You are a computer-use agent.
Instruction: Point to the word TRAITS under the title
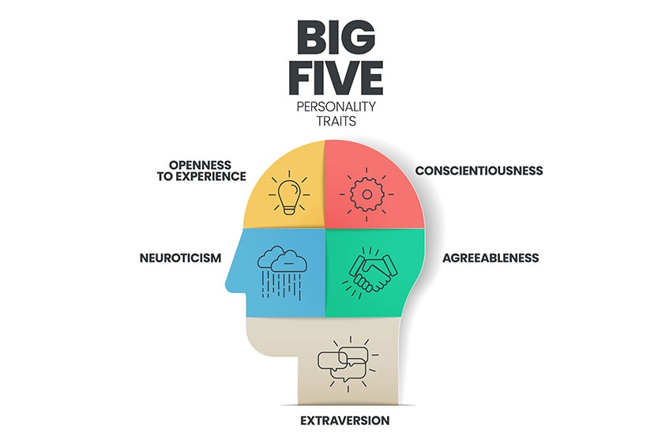click(x=336, y=122)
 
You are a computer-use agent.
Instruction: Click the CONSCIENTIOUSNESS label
click(x=479, y=171)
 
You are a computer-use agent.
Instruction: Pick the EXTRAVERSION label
click(x=344, y=420)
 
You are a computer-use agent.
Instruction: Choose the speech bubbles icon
click(x=342, y=362)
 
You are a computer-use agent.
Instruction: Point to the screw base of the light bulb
click(x=288, y=209)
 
